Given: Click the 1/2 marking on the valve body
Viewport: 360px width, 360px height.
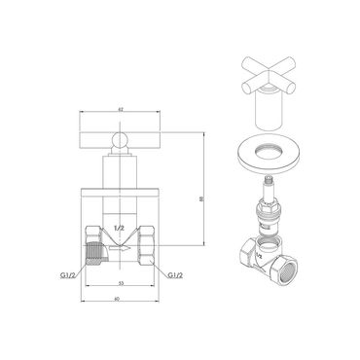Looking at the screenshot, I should coord(119,227).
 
